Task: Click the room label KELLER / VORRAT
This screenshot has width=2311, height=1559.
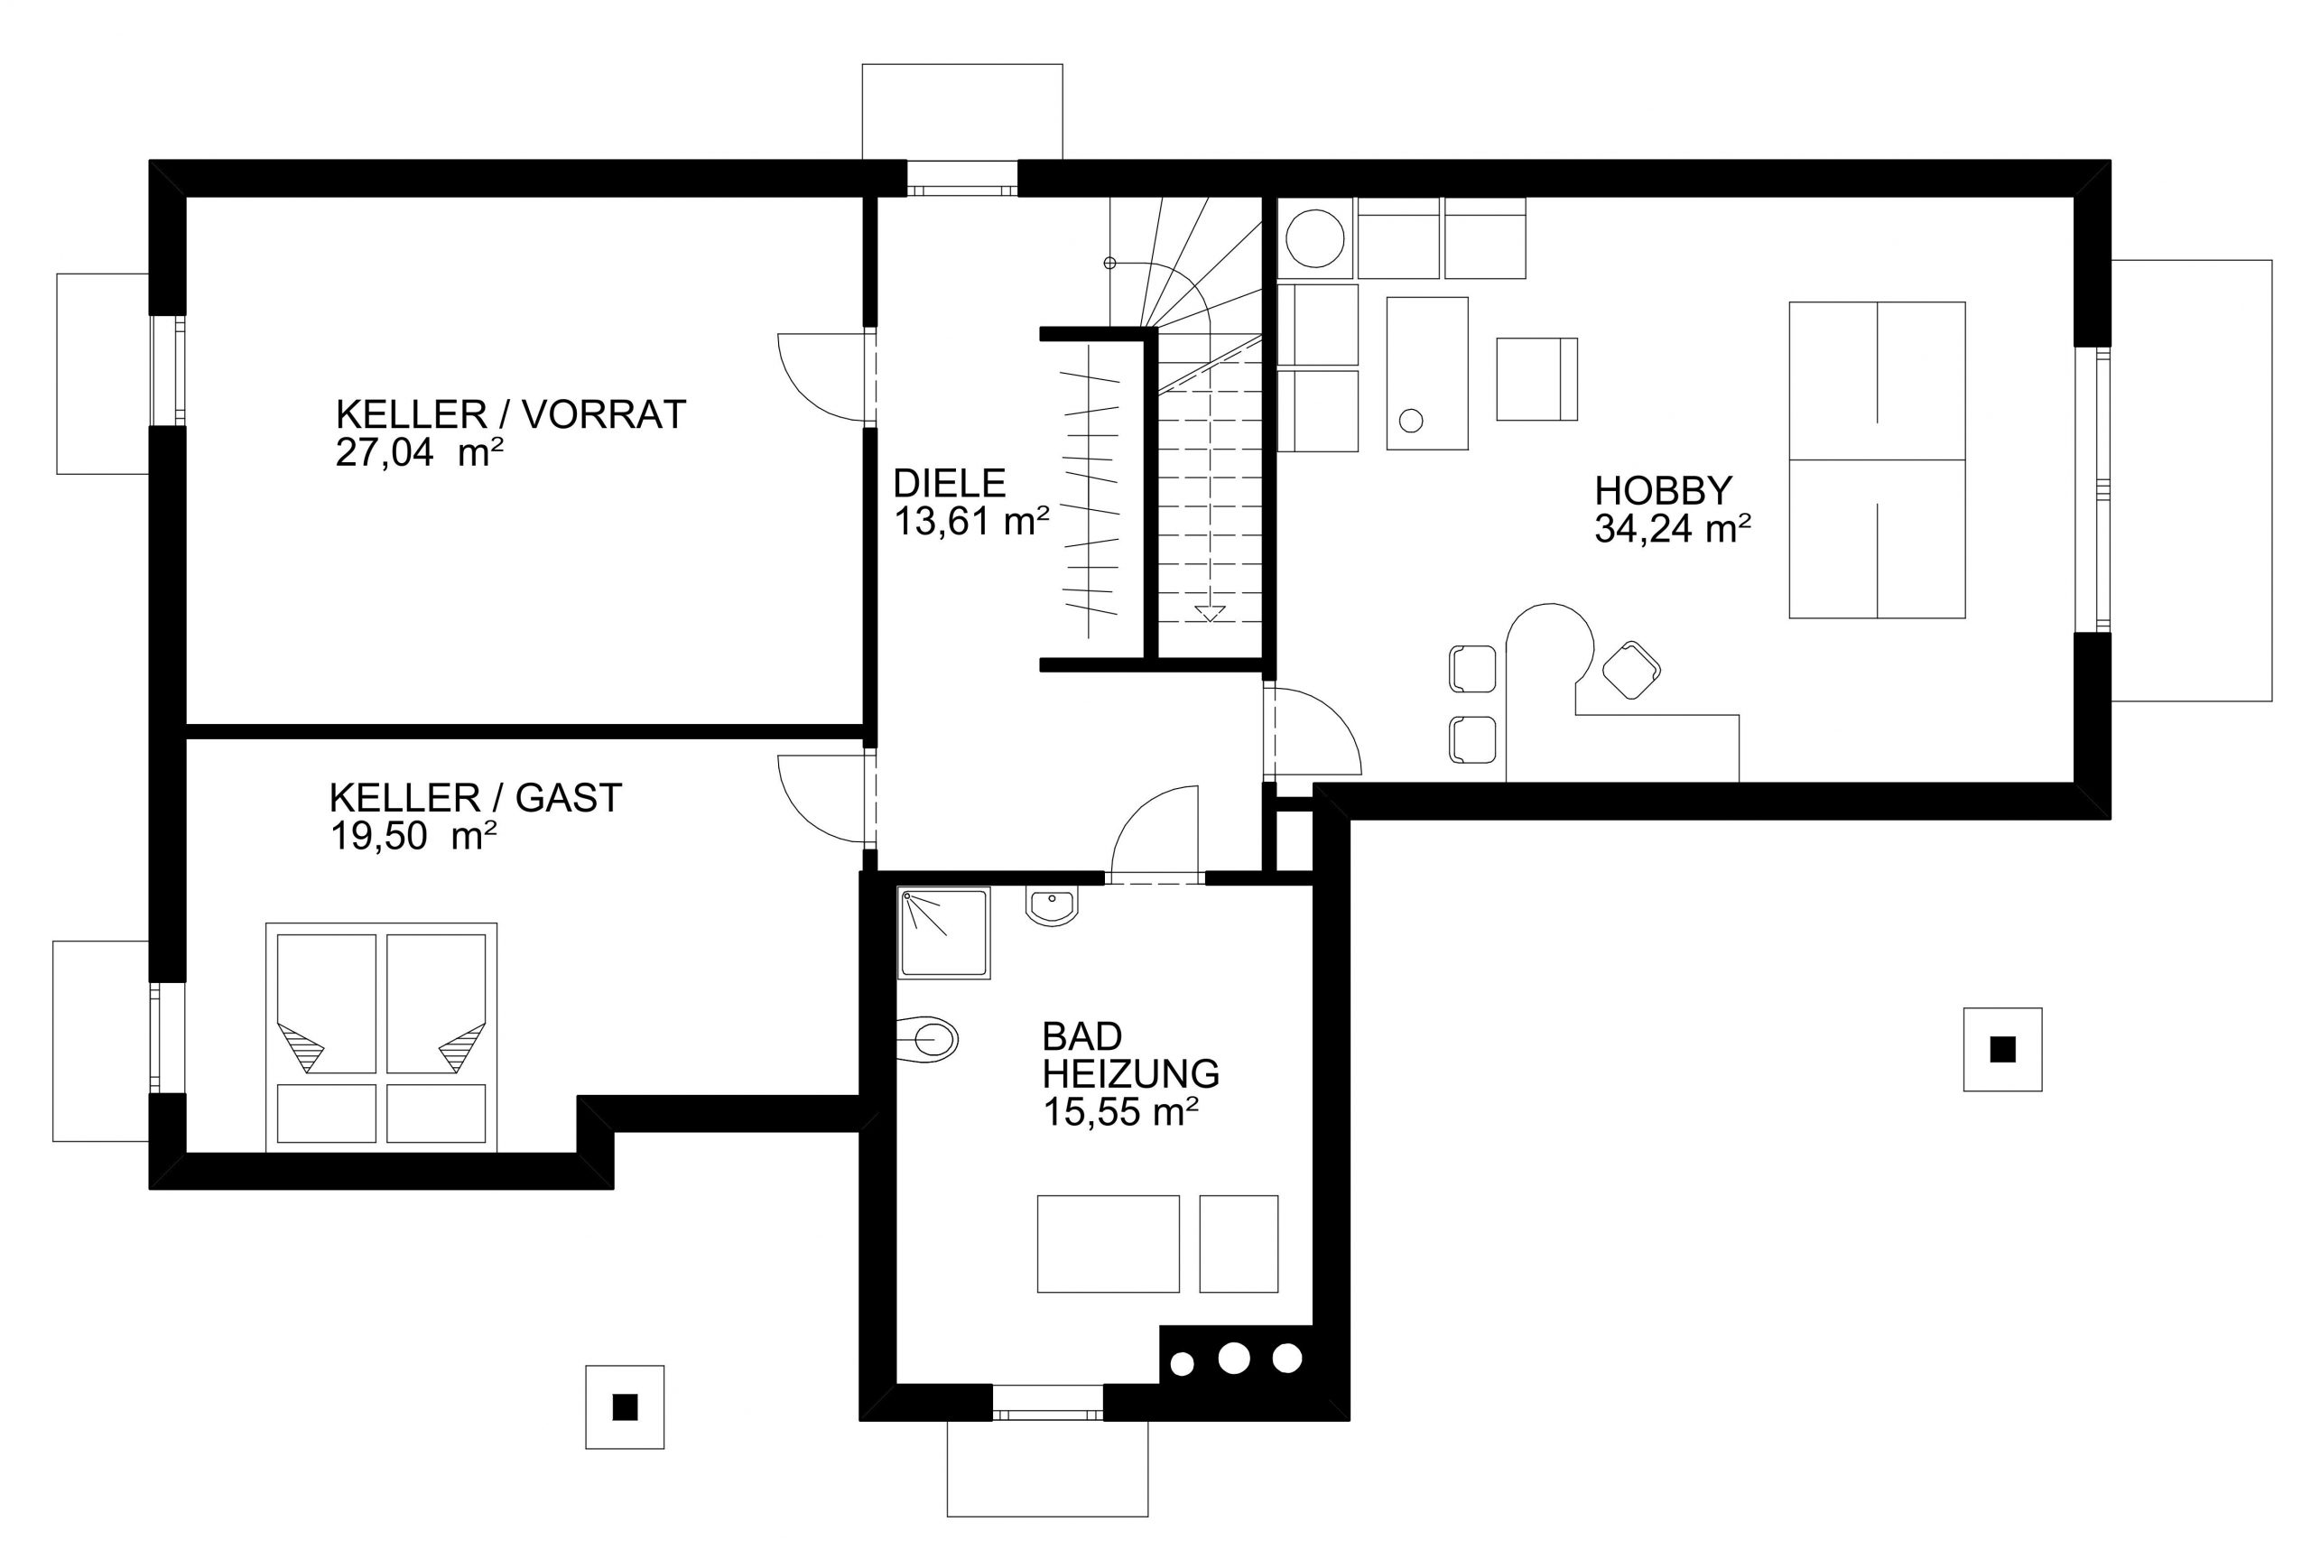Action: point(510,414)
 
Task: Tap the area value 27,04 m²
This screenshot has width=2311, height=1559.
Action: point(419,453)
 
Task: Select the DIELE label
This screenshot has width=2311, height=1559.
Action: point(950,483)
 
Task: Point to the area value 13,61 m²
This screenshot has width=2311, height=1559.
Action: point(971,521)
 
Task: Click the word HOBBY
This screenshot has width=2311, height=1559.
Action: point(1663,490)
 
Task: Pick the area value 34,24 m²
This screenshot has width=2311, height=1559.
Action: point(1672,529)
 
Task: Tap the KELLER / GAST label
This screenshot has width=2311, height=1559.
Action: point(475,797)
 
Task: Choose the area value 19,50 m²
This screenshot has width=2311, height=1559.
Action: point(413,836)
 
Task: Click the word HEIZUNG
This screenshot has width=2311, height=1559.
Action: point(1130,1074)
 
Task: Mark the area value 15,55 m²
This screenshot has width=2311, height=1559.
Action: point(1119,1111)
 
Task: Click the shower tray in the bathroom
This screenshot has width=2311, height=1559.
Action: point(943,933)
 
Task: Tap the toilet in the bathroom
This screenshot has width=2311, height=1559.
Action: point(926,1040)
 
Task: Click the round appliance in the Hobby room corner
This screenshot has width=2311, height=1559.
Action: point(1315,238)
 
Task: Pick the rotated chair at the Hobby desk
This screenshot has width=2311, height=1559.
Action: point(1630,669)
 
